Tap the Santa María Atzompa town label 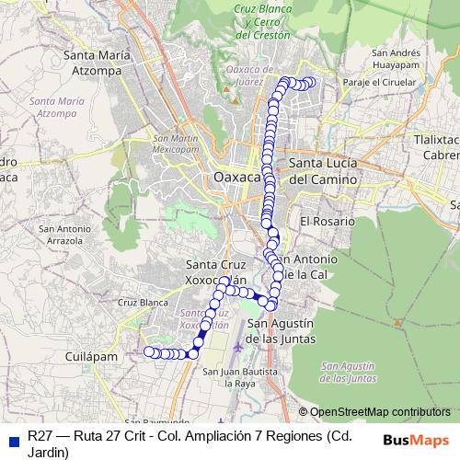click(x=95, y=63)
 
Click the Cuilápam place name click(x=91, y=354)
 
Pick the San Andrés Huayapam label click(x=397, y=58)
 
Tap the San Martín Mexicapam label click(x=174, y=144)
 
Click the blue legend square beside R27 click(x=13, y=438)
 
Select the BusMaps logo click(x=416, y=439)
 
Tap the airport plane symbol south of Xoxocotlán click(x=241, y=348)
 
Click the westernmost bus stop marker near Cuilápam click(x=148, y=351)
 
